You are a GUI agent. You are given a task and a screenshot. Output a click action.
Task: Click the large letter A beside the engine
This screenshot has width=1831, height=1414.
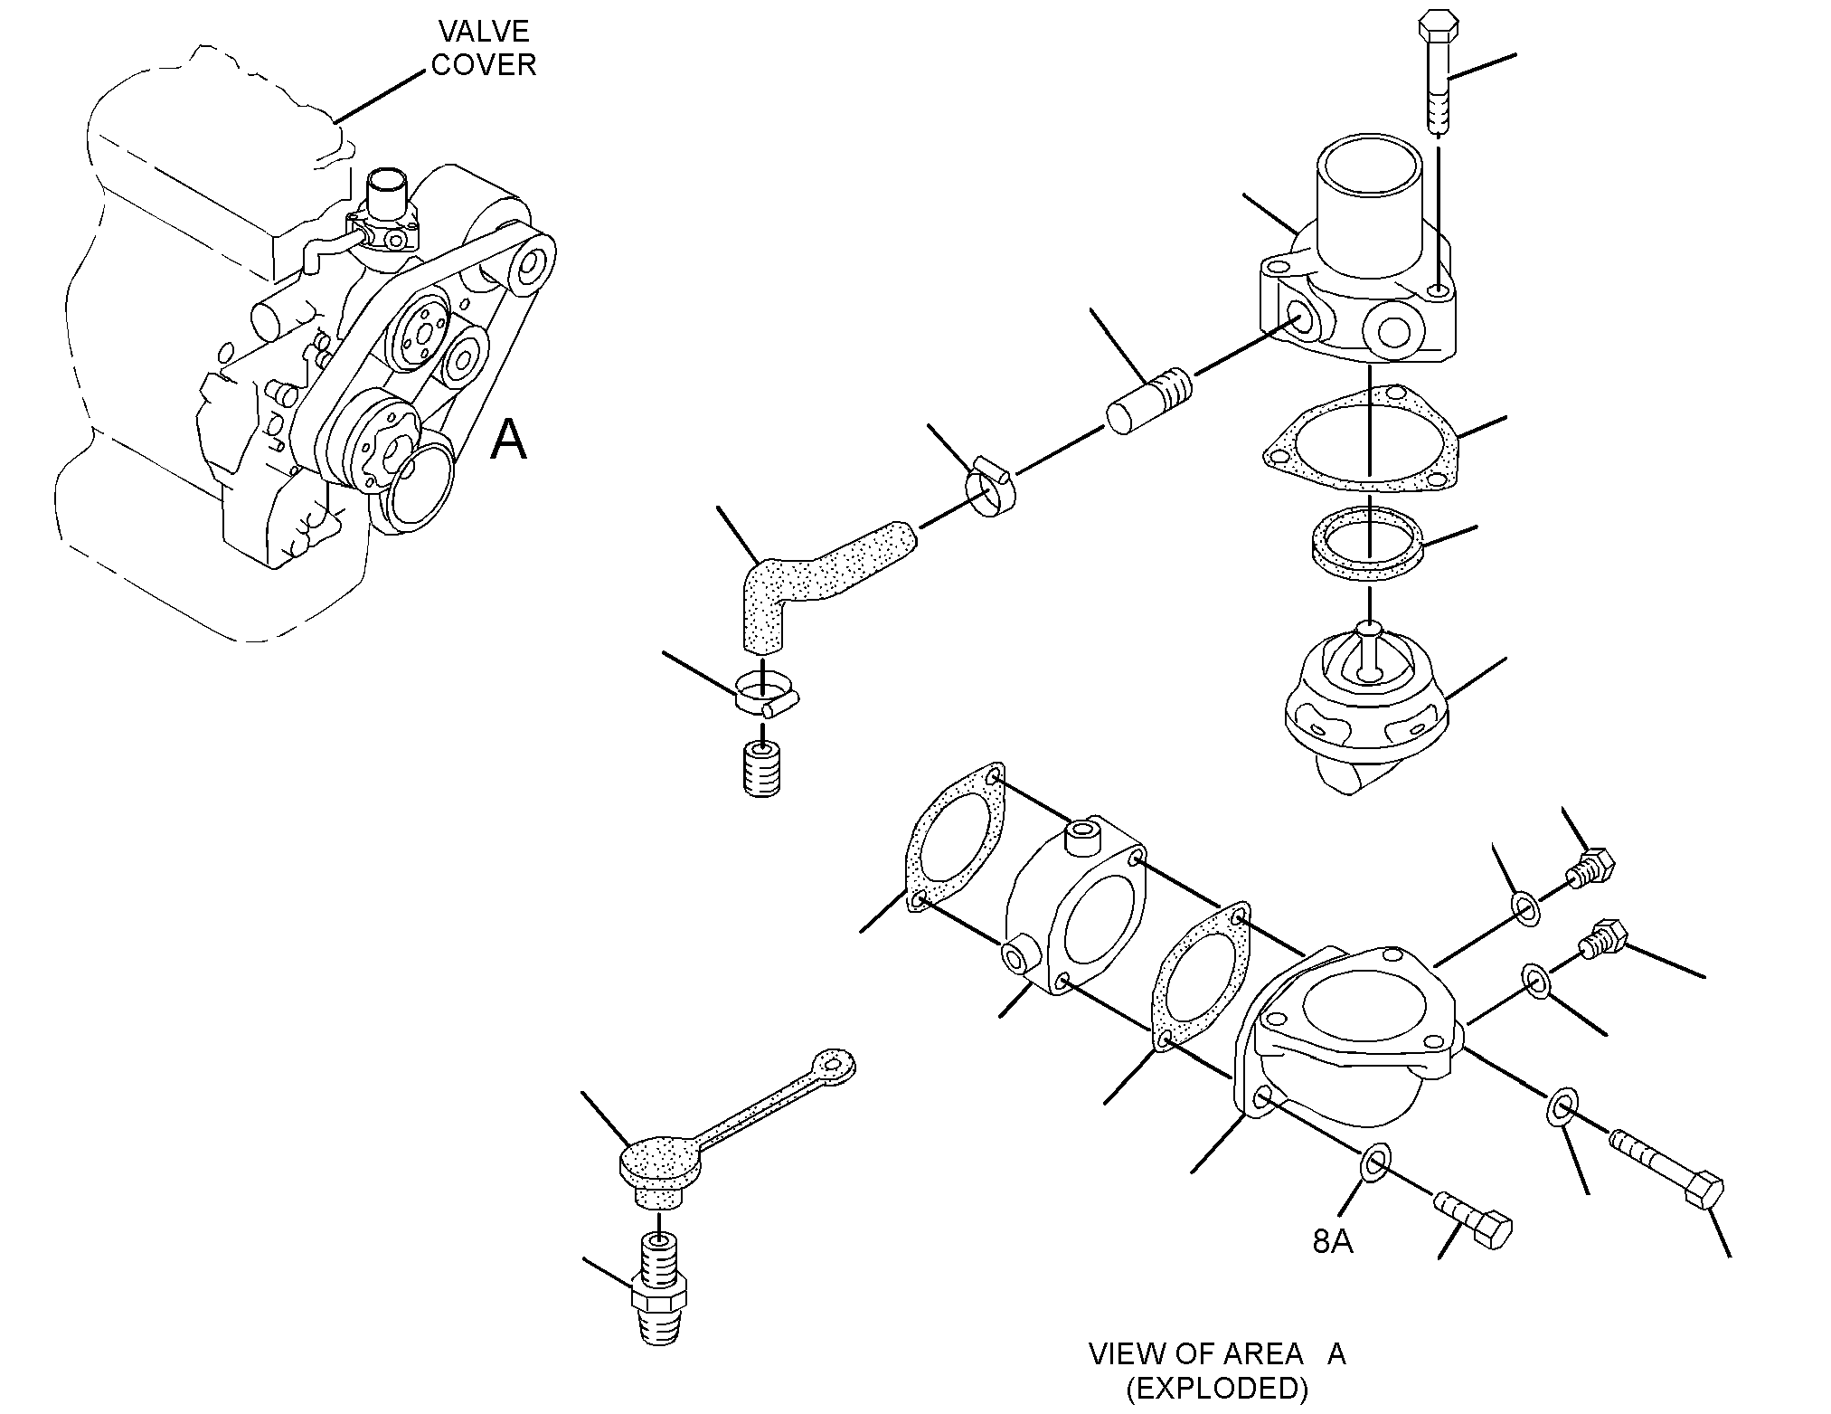[x=508, y=440]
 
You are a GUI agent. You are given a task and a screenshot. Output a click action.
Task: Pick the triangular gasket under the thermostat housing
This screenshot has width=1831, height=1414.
[x=1363, y=441]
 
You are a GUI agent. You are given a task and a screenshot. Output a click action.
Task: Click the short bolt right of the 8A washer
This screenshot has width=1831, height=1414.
[x=1473, y=1221]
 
